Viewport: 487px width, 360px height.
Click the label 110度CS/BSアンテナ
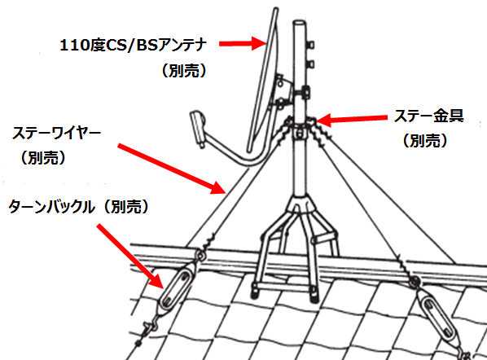tap(133, 45)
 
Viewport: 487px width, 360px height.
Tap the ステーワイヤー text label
tap(56, 134)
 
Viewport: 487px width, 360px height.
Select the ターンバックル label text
tap(51, 207)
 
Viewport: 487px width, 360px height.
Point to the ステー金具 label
tap(428, 116)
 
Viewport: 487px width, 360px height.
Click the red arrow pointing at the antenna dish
tap(242, 43)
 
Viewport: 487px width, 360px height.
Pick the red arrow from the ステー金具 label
tap(352, 119)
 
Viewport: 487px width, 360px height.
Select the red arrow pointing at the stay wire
tap(172, 169)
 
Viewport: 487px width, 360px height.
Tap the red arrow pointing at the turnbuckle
tap(130, 256)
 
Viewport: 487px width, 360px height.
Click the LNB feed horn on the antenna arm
tap(198, 127)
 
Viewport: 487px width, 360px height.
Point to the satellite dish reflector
tap(263, 80)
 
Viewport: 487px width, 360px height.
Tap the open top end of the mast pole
tap(300, 24)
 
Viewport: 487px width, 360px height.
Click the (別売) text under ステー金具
tap(425, 141)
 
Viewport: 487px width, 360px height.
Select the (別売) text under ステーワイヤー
tap(43, 158)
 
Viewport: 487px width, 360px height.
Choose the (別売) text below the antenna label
tap(184, 71)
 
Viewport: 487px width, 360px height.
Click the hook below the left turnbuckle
tap(148, 328)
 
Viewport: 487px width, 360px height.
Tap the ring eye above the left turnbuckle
tap(201, 256)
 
